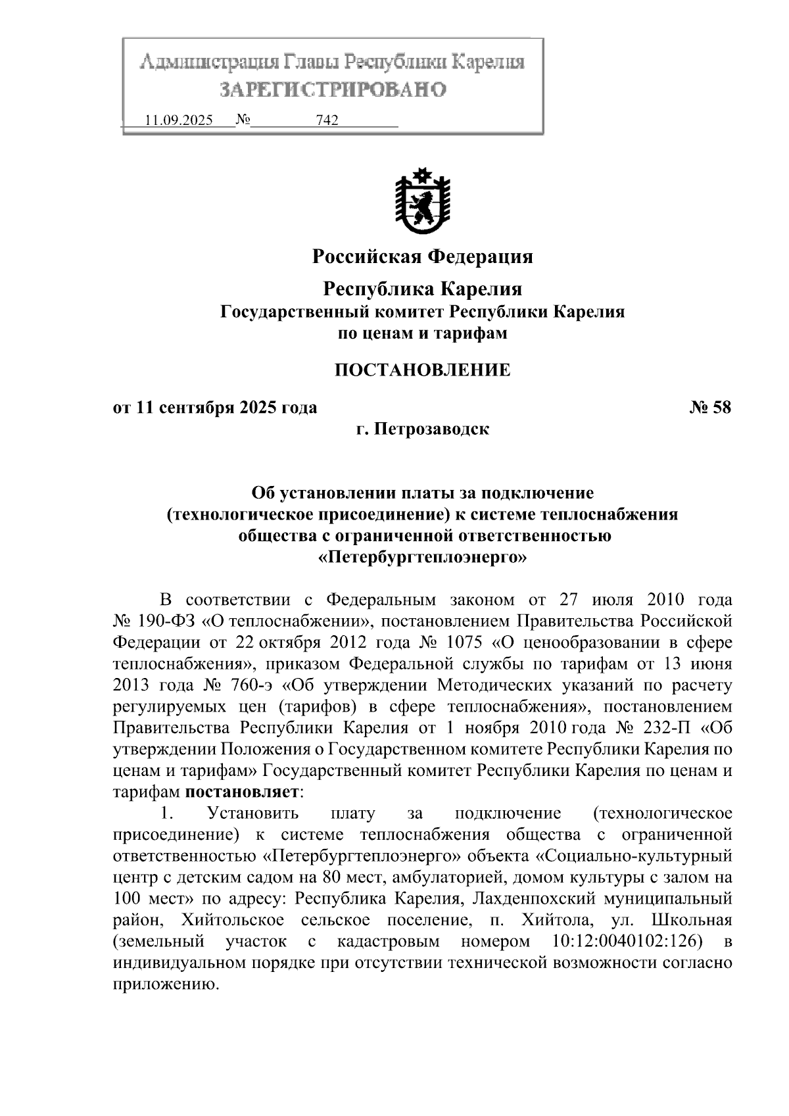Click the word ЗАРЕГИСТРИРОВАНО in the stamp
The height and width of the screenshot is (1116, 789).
333,89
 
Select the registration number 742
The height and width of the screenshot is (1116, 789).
327,120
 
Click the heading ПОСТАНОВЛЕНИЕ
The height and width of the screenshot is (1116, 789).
422,370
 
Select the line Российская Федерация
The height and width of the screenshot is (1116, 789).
422,256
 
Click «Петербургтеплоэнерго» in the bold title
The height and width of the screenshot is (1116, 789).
422,558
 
